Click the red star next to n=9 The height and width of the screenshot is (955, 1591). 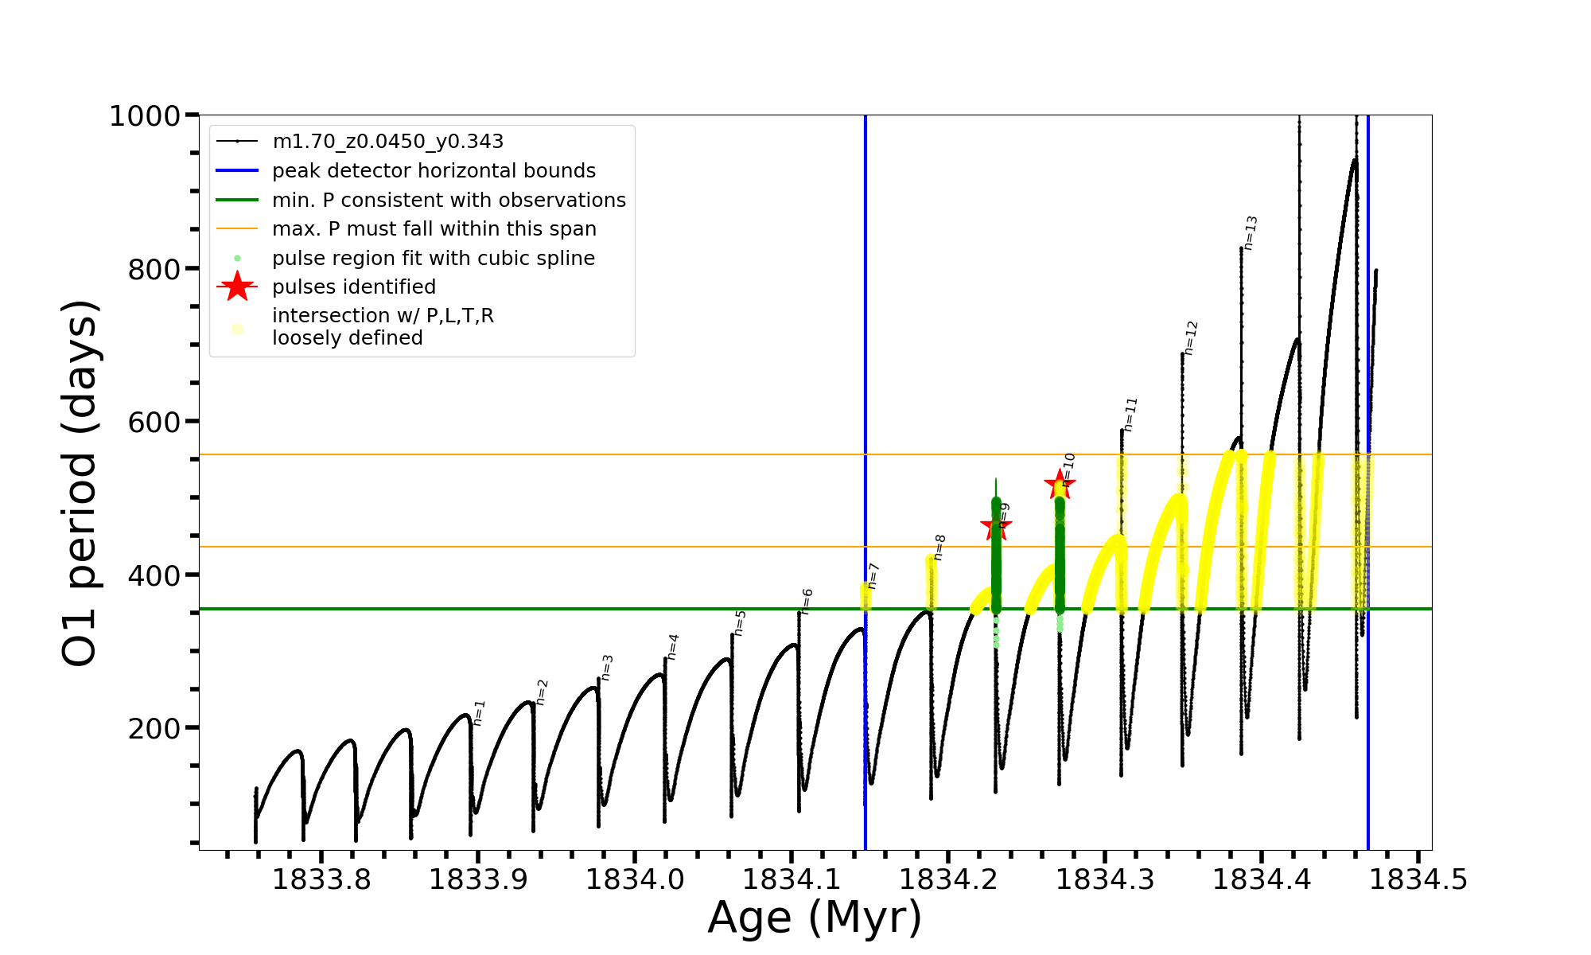click(995, 525)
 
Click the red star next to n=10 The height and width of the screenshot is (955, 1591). click(1060, 484)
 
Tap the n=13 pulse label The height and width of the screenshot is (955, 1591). click(1251, 232)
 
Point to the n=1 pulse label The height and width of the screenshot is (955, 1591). click(479, 712)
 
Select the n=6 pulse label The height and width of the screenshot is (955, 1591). click(807, 602)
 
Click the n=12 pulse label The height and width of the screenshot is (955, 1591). click(1190, 337)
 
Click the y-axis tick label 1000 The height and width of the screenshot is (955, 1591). click(145, 116)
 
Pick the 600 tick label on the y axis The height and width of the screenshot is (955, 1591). click(154, 422)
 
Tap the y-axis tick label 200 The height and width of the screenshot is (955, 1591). click(154, 728)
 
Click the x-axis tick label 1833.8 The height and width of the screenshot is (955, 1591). click(321, 880)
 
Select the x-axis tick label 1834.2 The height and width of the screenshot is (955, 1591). click(948, 880)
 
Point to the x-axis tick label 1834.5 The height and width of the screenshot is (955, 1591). click(1418, 880)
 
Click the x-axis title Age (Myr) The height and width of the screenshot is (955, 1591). click(815, 918)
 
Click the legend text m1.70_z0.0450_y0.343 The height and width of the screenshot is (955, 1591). click(387, 142)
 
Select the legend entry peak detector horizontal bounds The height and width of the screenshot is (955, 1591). click(434, 171)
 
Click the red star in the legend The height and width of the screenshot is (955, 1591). click(237, 286)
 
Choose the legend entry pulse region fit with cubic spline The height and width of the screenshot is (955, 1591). click(433, 259)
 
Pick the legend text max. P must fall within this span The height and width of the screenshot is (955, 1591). click(434, 229)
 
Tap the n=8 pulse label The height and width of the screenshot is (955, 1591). click(939, 548)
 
